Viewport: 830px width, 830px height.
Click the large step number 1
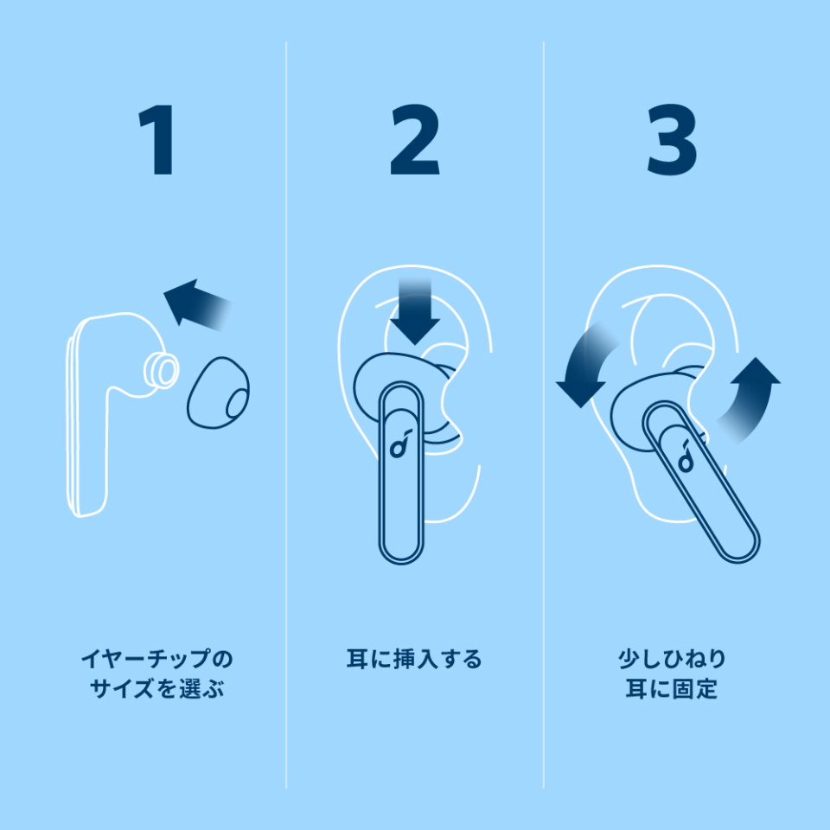(156, 139)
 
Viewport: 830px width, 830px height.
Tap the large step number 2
(415, 139)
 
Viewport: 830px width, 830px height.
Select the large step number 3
(673, 139)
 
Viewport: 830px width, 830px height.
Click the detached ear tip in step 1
(218, 393)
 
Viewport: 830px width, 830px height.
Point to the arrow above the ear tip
(197, 304)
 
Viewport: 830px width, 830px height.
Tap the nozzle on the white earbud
(162, 370)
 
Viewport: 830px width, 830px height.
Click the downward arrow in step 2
(415, 310)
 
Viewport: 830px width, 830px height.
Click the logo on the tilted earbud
(686, 456)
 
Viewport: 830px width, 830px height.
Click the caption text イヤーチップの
(156, 659)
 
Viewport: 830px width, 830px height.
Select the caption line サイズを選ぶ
(156, 689)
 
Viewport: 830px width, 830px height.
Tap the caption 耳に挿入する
(414, 659)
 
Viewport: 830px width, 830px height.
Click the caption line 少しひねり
(673, 659)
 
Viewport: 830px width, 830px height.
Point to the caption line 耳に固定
(673, 689)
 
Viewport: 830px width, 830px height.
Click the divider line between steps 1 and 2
(286, 415)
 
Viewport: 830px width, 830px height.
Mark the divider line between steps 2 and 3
(544, 415)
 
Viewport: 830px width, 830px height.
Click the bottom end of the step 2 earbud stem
(402, 563)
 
